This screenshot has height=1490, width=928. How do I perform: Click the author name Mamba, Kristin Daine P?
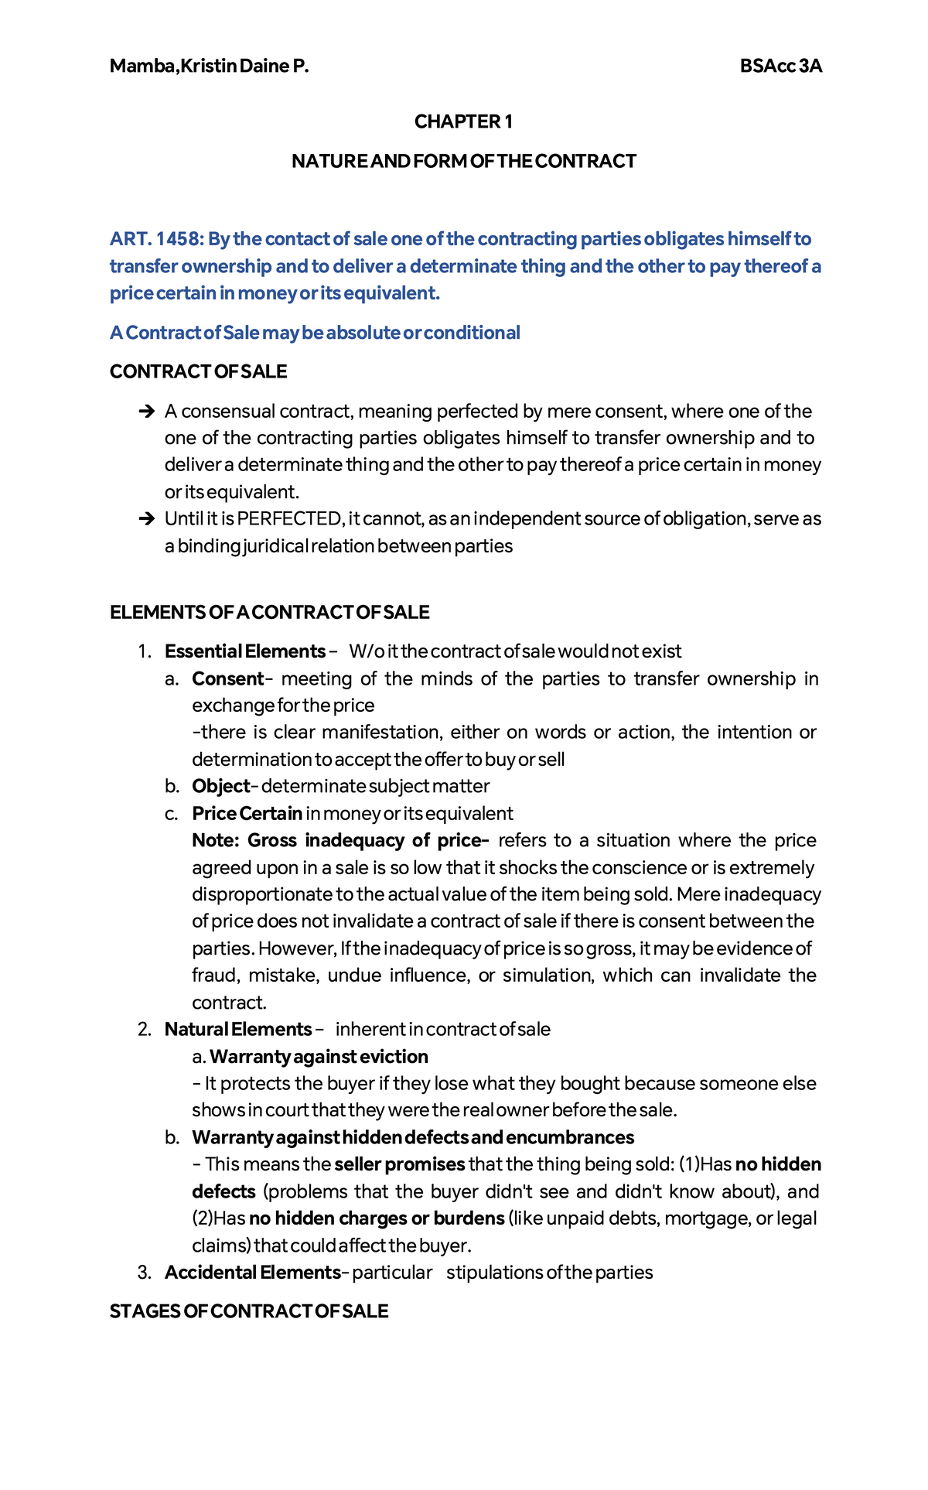point(209,67)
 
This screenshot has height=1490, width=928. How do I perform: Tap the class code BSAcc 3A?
point(780,67)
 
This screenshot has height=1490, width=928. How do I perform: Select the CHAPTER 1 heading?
point(463,121)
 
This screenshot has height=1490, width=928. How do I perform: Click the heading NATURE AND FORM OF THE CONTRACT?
point(463,162)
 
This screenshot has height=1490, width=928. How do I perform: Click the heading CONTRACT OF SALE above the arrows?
point(198,372)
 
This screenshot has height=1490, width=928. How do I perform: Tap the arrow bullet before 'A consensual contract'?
point(146,412)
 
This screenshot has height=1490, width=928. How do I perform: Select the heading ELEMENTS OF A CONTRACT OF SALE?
point(269,613)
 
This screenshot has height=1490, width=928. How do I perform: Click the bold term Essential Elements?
point(244,651)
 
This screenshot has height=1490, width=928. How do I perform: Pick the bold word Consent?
point(228,679)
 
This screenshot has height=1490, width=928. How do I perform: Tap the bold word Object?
point(220,787)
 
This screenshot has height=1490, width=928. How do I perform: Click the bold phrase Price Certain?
point(247,814)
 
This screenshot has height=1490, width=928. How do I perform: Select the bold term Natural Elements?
point(237,1030)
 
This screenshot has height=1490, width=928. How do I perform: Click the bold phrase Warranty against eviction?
point(319,1057)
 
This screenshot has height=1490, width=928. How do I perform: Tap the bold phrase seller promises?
point(399,1165)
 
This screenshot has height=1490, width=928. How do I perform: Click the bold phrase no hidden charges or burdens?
point(377,1218)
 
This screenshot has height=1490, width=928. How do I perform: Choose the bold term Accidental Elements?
point(252,1273)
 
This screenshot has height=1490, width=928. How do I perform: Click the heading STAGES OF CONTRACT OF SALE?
point(249,1312)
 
